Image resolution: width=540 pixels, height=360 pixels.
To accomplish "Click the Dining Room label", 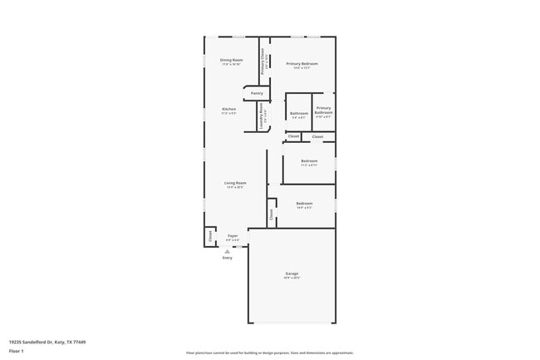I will coord(232,60).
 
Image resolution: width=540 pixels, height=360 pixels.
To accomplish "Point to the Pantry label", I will coord(257,93).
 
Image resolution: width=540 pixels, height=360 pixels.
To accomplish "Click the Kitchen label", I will coord(228,109).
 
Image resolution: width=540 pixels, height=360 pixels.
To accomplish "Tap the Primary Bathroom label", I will coord(323,111).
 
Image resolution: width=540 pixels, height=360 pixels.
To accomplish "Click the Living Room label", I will coord(235,183).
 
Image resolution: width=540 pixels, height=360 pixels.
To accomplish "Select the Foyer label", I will coord(233,235).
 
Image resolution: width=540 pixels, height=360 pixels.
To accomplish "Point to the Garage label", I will coord(292,274).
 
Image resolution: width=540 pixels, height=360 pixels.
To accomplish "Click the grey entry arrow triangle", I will coord(228,250).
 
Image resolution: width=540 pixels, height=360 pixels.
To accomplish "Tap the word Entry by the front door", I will coord(228,258).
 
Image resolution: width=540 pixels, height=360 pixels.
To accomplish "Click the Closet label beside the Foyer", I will coord(209,237).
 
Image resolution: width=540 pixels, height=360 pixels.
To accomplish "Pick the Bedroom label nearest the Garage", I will coord(304,203).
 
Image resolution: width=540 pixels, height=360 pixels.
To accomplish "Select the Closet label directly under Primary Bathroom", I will coord(318,136).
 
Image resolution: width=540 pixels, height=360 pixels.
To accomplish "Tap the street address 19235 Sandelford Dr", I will coord(47,342).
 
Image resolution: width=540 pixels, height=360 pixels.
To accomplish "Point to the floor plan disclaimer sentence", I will coord(269,353).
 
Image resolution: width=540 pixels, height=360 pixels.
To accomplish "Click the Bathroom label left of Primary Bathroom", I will coord(299,113).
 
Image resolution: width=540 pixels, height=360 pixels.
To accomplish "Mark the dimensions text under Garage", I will coord(292,279).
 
